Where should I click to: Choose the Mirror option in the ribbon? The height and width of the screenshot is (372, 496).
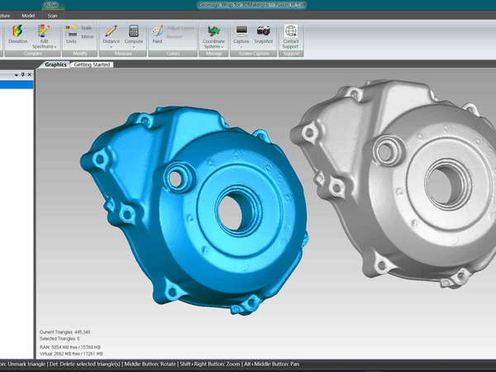pyautogui.click(x=87, y=36)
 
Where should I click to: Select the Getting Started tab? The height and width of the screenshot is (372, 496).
pyautogui.click(x=93, y=64)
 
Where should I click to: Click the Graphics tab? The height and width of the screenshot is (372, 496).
pyautogui.click(x=56, y=64)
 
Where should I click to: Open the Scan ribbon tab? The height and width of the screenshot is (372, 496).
pyautogui.click(x=53, y=15)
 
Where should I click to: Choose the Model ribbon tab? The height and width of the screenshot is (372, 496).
pyautogui.click(x=28, y=15)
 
